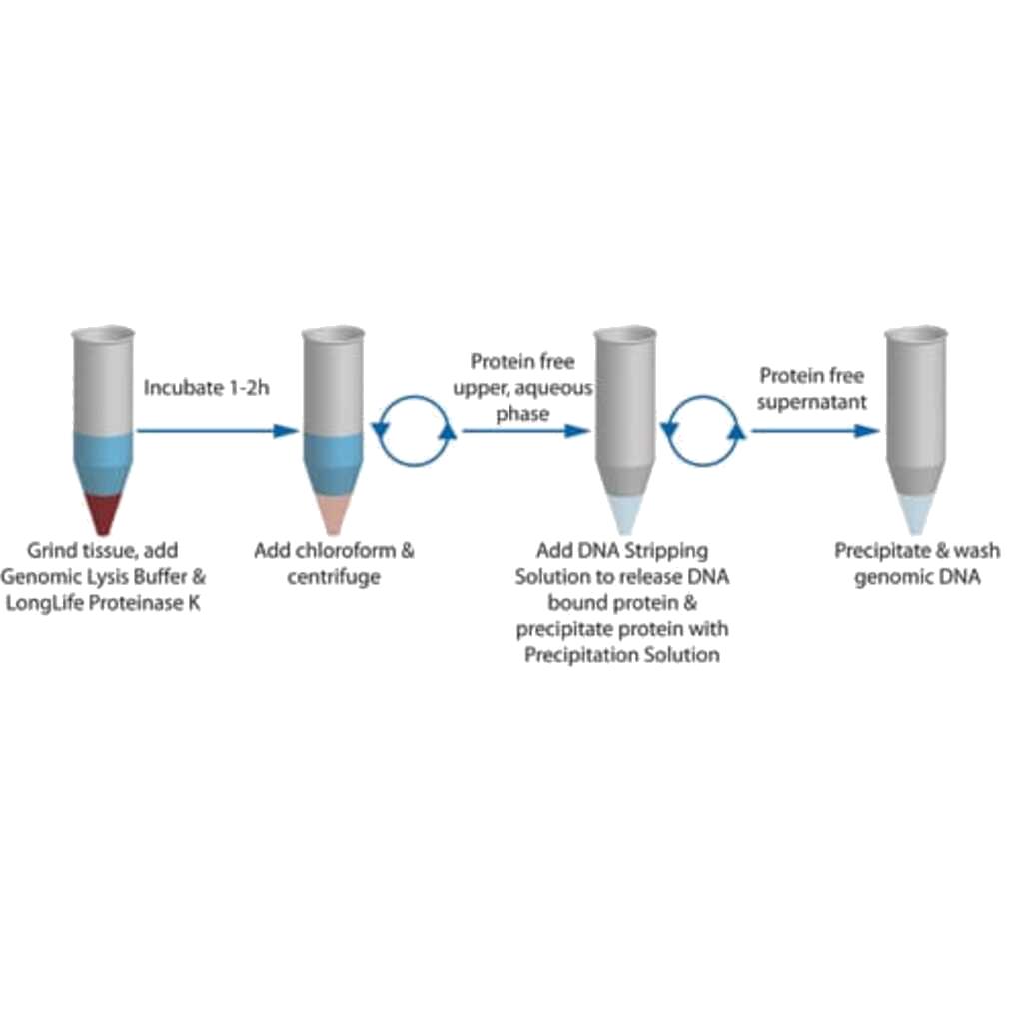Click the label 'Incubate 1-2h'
tap(207, 387)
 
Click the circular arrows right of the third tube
tap(706, 431)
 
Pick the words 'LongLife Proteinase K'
tap(114, 602)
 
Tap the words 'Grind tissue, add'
tap(103, 550)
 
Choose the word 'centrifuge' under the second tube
tap(334, 577)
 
